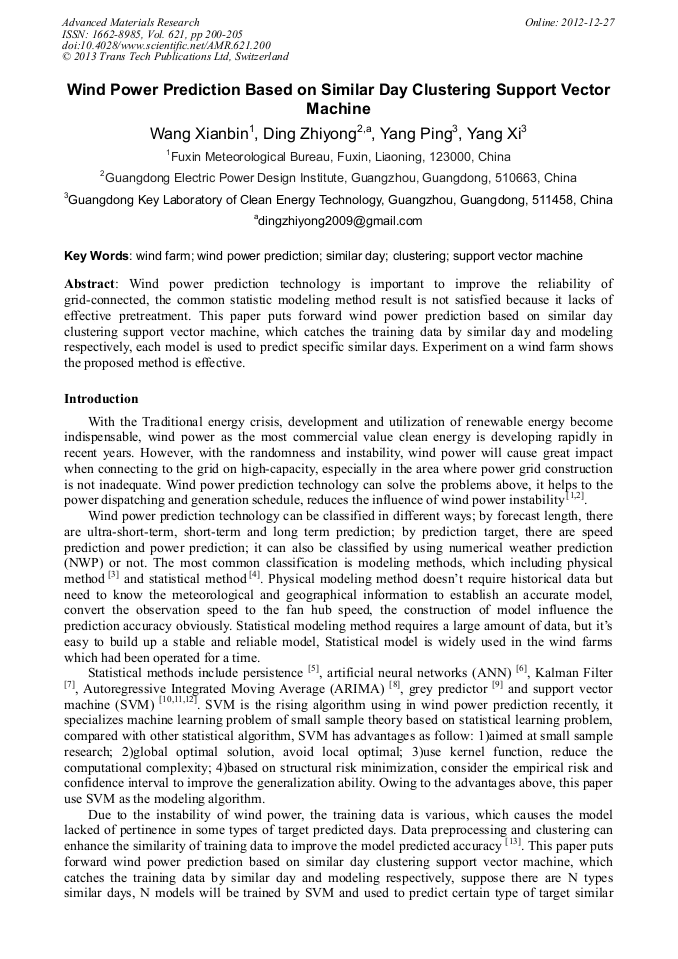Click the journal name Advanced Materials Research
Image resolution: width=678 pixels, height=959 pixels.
[130, 22]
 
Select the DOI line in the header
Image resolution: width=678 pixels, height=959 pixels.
[165, 46]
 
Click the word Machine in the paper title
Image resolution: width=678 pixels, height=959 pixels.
[338, 108]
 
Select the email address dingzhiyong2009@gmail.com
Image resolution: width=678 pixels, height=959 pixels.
[339, 221]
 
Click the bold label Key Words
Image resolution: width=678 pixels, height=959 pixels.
[96, 256]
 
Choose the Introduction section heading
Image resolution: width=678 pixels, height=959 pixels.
[101, 399]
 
